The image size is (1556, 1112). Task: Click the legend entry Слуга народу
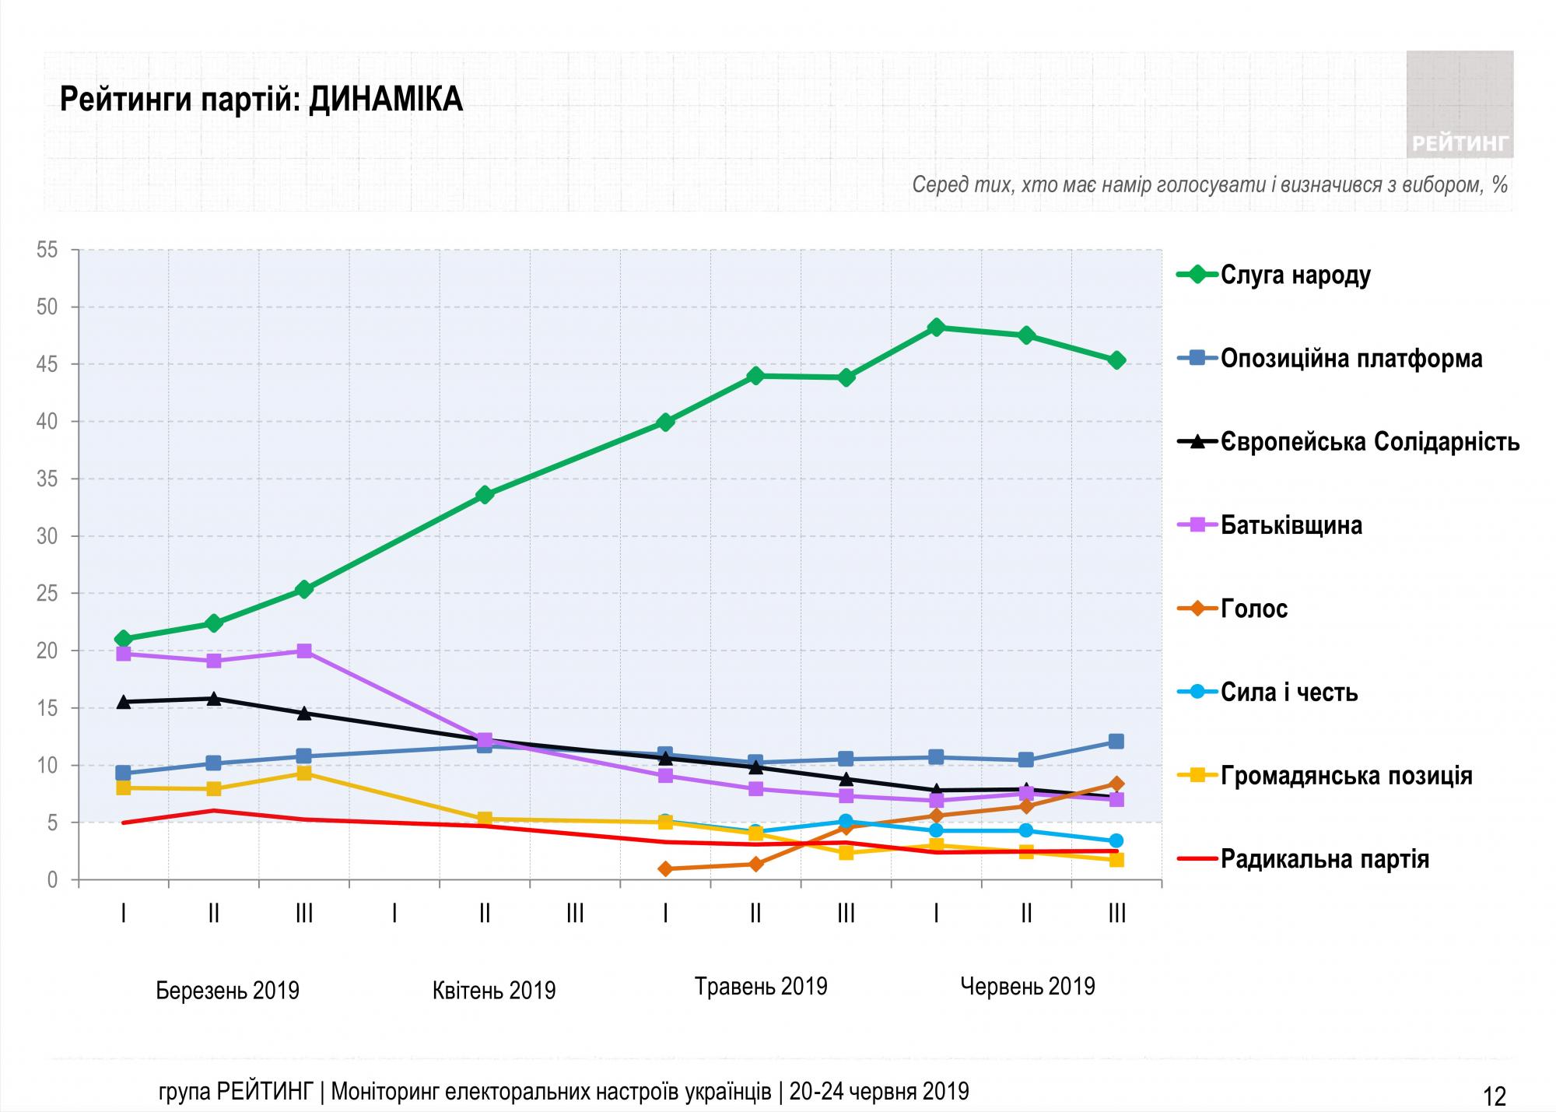(x=1295, y=275)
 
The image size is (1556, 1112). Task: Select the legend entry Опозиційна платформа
(x=1351, y=359)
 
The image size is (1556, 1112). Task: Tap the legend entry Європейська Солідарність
(x=1370, y=442)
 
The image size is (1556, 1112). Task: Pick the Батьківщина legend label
(x=1291, y=525)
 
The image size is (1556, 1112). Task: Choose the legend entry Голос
(x=1254, y=609)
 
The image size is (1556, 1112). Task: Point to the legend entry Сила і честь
(x=1289, y=692)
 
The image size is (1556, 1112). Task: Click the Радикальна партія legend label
(x=1325, y=859)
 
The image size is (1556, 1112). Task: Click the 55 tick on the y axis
(x=47, y=250)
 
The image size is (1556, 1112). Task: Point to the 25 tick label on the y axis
(x=47, y=594)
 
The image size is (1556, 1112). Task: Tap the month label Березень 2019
(x=227, y=991)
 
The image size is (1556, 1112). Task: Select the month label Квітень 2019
(x=494, y=991)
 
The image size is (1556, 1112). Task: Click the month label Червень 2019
(x=1027, y=987)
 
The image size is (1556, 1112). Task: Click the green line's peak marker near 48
(x=936, y=328)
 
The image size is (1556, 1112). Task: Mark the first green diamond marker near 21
(x=123, y=639)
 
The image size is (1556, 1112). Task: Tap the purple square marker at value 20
(x=304, y=651)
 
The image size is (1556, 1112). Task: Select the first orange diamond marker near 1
(x=665, y=868)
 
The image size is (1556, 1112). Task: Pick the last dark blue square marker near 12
(x=1116, y=742)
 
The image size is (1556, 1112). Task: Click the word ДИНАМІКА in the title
(x=386, y=100)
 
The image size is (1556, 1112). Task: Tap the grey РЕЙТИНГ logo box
(x=1460, y=104)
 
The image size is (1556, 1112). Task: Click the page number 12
(x=1495, y=1096)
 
